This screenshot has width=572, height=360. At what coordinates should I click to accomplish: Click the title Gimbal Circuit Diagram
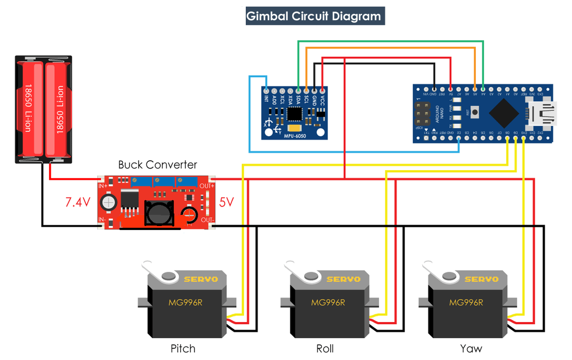[x=315, y=16]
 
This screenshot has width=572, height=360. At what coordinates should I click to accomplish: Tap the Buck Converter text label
[x=157, y=165]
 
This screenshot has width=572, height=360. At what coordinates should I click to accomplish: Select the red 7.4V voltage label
[x=77, y=202]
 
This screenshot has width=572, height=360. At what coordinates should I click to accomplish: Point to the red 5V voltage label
[x=226, y=202]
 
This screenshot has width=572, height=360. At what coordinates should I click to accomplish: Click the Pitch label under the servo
[x=183, y=349]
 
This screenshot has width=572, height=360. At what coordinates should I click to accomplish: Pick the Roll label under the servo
[x=325, y=349]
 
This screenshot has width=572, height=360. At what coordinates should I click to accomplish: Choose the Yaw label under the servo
[x=471, y=349]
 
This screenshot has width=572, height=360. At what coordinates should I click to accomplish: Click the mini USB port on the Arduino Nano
[x=544, y=113]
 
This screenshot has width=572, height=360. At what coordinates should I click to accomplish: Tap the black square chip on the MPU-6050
[x=294, y=114]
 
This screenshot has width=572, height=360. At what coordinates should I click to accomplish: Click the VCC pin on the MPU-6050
[x=322, y=90]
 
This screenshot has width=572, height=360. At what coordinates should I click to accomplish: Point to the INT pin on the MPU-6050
[x=266, y=90]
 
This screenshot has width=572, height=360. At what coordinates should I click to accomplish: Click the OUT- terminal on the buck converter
[x=207, y=220]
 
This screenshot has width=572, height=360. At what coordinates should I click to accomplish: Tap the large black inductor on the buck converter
[x=159, y=212]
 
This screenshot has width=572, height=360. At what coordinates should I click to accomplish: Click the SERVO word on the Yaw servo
[x=482, y=279]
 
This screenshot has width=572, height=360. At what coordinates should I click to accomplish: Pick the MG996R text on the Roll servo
[x=327, y=303]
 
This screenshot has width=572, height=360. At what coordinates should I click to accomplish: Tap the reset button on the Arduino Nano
[x=474, y=113]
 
